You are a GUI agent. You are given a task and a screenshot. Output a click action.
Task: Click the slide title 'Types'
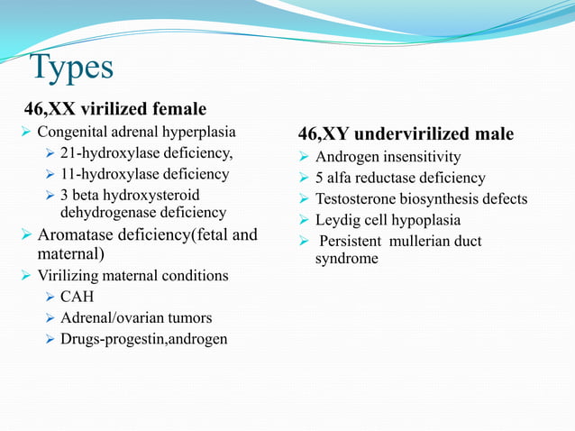click(x=71, y=69)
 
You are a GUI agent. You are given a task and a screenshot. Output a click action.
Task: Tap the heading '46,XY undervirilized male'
click(x=406, y=134)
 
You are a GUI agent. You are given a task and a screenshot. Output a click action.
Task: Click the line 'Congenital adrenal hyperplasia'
click(x=136, y=133)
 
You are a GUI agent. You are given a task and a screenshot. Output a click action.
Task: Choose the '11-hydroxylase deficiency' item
click(x=144, y=174)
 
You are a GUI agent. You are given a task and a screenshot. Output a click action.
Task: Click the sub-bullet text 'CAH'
click(x=77, y=296)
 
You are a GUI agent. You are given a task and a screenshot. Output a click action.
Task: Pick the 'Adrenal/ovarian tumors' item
click(x=136, y=317)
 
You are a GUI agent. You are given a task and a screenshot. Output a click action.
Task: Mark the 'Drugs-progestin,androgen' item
click(x=143, y=339)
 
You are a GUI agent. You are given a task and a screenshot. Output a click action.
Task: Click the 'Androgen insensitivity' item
click(x=388, y=157)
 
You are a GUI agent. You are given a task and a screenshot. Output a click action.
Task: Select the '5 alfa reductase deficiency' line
click(x=400, y=178)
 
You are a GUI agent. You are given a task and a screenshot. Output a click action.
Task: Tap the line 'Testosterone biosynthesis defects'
click(x=421, y=198)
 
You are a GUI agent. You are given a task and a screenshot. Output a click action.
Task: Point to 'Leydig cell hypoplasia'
click(x=388, y=220)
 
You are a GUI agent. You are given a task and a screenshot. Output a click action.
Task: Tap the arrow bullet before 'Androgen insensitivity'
click(x=306, y=157)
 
